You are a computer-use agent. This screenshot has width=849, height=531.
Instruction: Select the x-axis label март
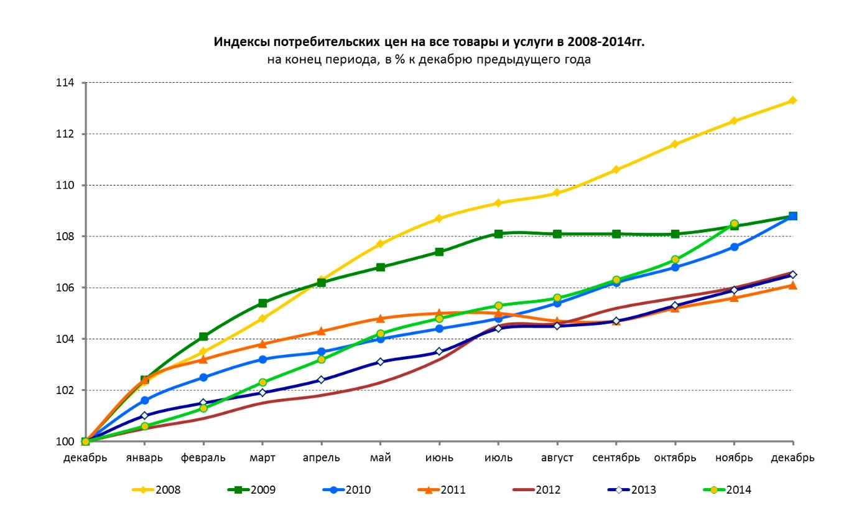pos(262,458)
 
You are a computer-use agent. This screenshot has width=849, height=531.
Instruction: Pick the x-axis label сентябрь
pos(616,458)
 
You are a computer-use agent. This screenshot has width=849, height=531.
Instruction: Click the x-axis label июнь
pos(439,458)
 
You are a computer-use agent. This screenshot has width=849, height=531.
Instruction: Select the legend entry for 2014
pos(727,490)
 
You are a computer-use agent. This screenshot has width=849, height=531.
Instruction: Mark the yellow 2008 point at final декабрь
pos(793,100)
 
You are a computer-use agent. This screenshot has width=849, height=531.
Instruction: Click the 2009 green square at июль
pos(498,234)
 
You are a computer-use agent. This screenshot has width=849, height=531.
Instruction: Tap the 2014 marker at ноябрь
pos(735,223)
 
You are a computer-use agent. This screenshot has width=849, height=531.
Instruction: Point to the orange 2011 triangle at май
pos(381,319)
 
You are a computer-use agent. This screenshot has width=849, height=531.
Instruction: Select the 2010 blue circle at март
pos(262,359)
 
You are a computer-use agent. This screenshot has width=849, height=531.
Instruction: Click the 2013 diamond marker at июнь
pos(439,352)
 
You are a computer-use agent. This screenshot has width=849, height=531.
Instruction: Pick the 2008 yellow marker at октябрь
pos(675,144)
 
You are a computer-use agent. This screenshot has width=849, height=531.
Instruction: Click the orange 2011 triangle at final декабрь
pos(793,285)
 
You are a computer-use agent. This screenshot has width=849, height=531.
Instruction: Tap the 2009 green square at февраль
pos(203,337)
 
